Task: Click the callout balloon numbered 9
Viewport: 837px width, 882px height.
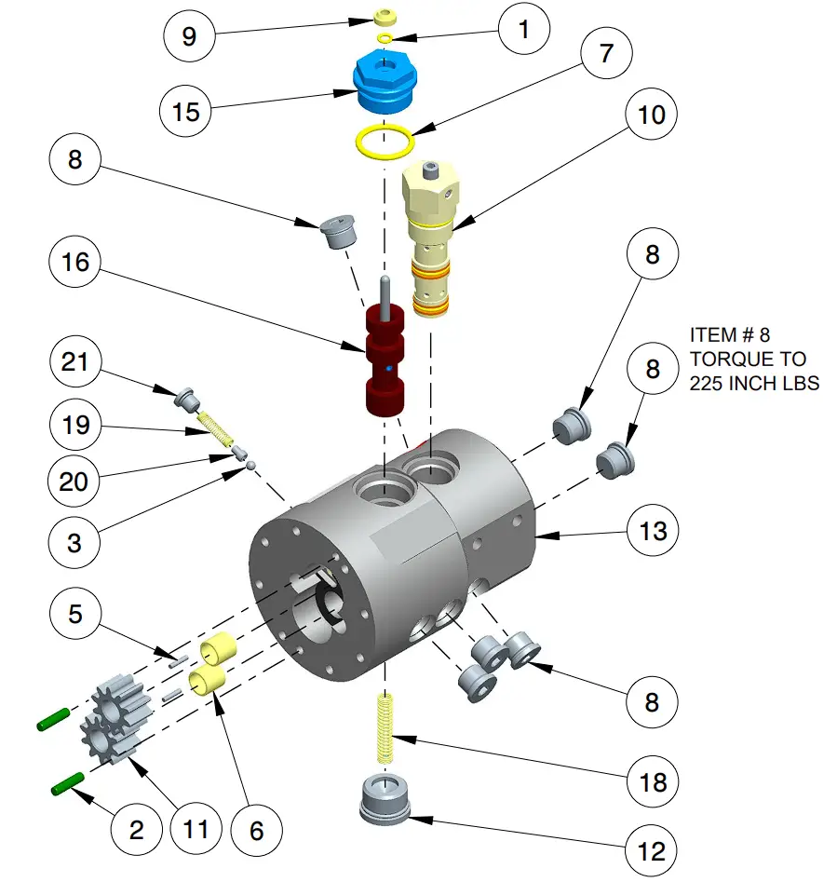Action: coord(189,36)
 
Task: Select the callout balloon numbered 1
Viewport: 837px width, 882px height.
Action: coord(522,31)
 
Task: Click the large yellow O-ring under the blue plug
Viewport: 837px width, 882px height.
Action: coord(385,142)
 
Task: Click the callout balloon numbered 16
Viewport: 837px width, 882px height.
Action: coord(75,263)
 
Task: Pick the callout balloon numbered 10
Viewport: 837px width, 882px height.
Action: coord(653,115)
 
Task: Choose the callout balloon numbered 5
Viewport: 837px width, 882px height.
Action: coord(75,614)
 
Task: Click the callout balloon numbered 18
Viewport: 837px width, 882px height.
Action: coord(653,781)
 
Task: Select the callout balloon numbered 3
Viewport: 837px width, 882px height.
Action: coord(75,542)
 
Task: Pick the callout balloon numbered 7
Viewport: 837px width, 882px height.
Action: coord(606,52)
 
